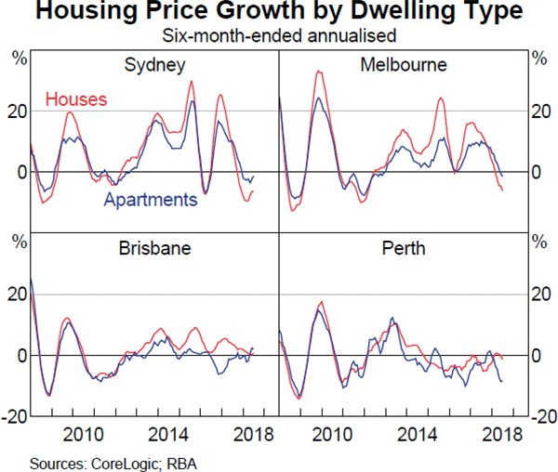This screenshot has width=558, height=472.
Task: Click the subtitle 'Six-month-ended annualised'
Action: [278, 36]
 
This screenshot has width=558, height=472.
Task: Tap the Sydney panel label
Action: [154, 65]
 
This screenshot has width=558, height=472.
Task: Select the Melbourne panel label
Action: [403, 65]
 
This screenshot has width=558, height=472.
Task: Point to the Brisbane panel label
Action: [154, 249]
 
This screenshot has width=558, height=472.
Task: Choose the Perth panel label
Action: [404, 249]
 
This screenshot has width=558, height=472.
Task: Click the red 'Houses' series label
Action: [76, 98]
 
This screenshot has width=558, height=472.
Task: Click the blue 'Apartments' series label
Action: [151, 200]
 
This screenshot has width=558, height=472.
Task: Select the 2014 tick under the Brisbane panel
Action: [168, 433]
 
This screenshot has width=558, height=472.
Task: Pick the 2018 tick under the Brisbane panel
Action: [252, 433]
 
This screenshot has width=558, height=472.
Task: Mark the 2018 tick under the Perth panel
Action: [502, 433]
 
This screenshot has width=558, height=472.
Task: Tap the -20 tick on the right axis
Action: [543, 417]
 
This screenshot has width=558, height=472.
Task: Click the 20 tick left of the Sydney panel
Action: [16, 111]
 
